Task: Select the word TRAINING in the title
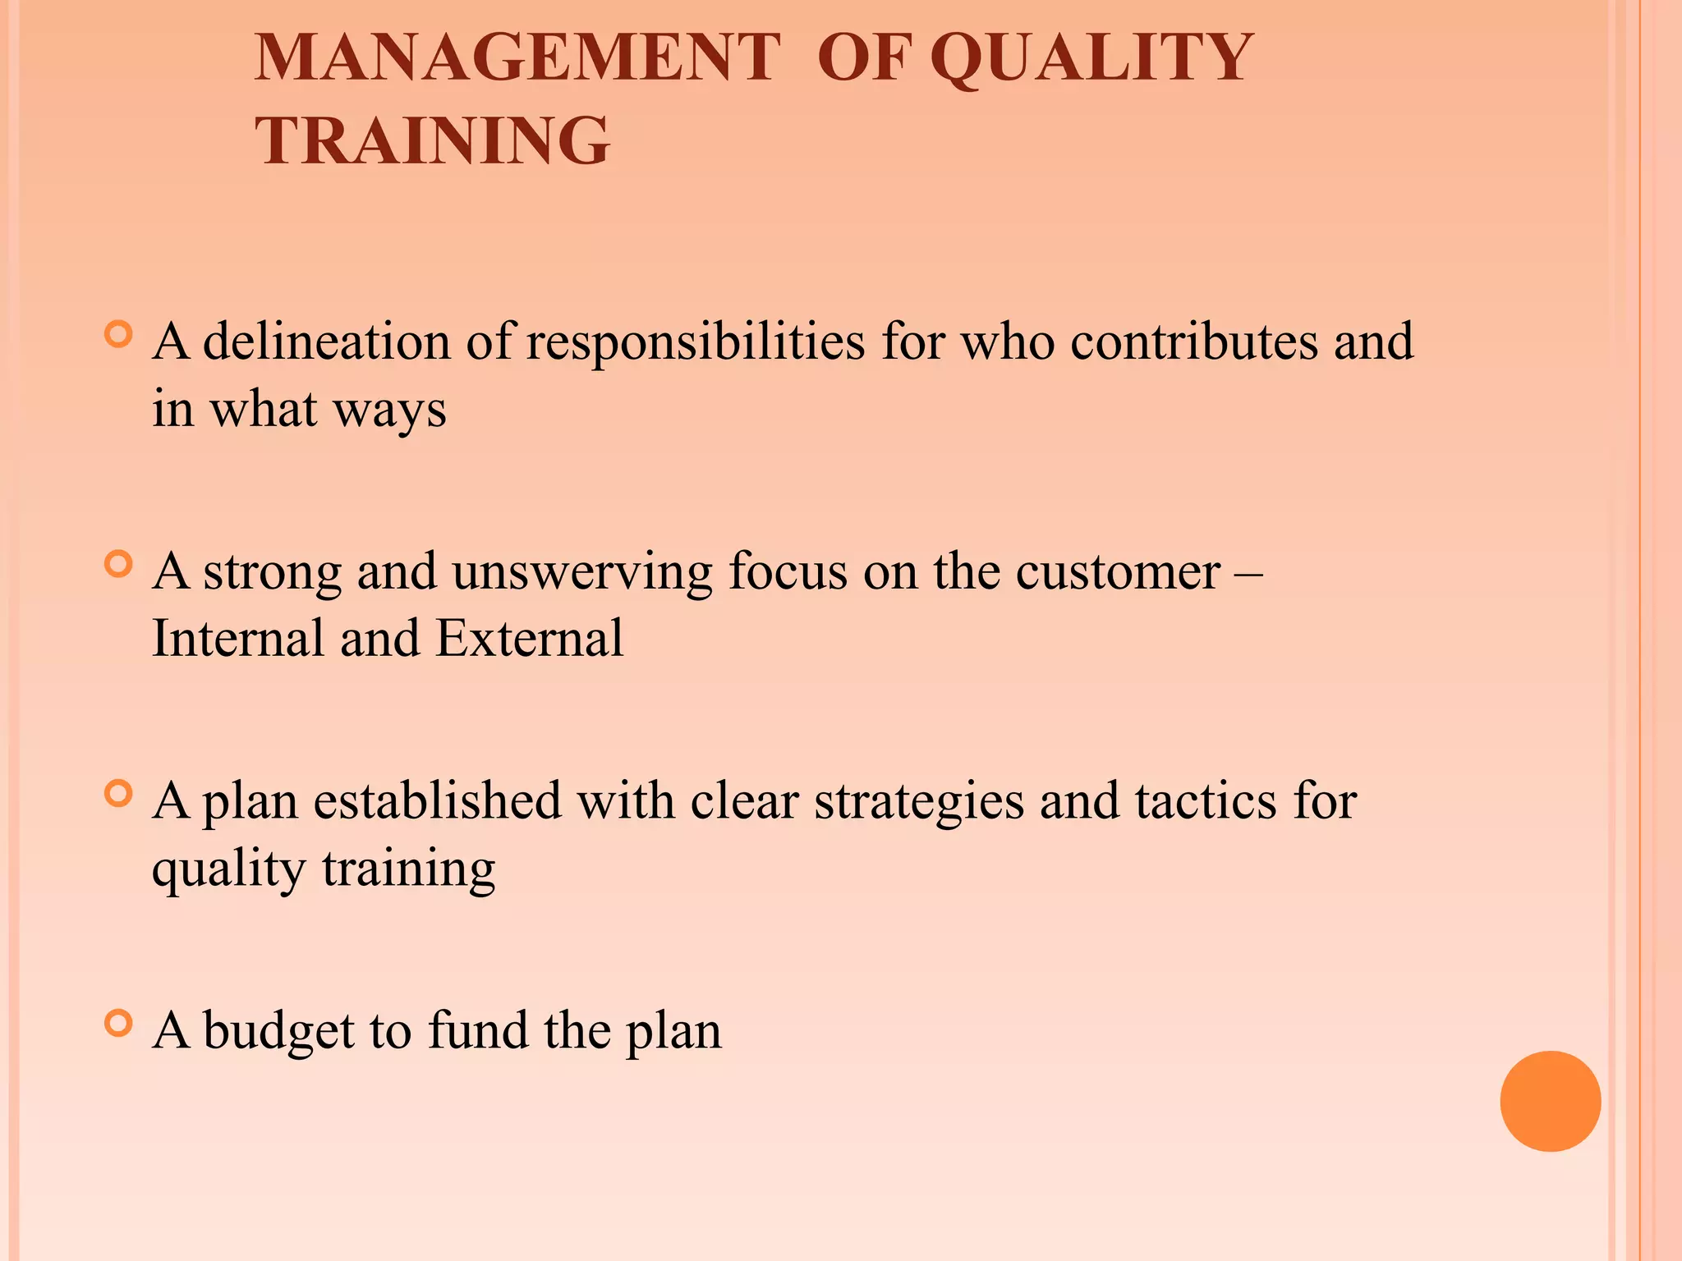pos(433,140)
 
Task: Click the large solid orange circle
pos(1550,1101)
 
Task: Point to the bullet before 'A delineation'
pos(119,334)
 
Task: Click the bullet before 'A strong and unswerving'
pos(119,564)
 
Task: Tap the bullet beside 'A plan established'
pos(119,794)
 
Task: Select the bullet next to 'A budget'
pos(119,1023)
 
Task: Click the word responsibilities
pos(695,342)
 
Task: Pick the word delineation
pos(326,342)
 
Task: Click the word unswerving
pos(581,572)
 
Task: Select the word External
pos(529,638)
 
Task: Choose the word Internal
pos(238,638)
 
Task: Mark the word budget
pos(278,1032)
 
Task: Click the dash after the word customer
pos(1248,572)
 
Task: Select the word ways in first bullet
pos(389,410)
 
